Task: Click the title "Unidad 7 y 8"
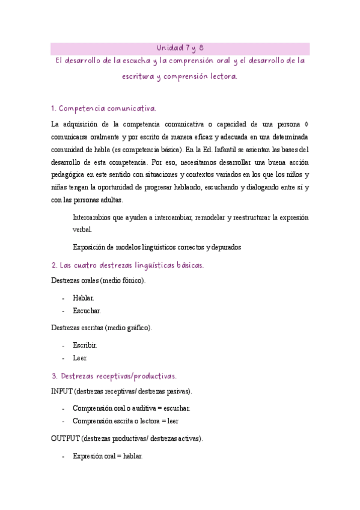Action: pos(180,48)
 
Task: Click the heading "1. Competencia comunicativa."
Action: pos(104,109)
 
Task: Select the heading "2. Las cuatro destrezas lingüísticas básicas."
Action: pos(127,265)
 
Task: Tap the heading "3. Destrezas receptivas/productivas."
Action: pos(114,376)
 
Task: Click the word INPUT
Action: pos(62,392)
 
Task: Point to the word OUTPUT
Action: pos(66,439)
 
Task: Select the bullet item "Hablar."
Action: pos(83,298)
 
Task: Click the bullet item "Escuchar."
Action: pos(87,311)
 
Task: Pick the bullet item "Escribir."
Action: pos(85,345)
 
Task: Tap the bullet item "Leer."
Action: pos(80,358)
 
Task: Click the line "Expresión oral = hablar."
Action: pos(108,456)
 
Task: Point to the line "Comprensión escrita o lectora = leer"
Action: pos(125,421)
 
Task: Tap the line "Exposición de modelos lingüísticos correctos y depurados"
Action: pos(157,247)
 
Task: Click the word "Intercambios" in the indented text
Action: pos(93,217)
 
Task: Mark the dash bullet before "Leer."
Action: pos(64,358)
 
